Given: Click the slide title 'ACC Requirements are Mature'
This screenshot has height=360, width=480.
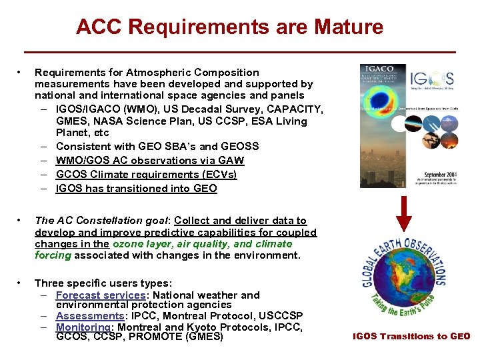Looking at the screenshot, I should (229, 27).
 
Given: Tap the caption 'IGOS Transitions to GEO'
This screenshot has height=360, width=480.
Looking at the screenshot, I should (411, 337).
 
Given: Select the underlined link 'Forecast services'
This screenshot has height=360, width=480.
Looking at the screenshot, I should (101, 295).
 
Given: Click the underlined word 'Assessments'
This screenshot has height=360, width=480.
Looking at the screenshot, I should (90, 315).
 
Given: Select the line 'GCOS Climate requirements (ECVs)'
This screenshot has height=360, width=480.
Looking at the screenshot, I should (146, 175).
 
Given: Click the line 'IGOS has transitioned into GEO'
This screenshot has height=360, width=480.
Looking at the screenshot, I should (136, 189).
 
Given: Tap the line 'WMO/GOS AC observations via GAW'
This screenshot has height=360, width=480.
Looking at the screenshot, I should (150, 161).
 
